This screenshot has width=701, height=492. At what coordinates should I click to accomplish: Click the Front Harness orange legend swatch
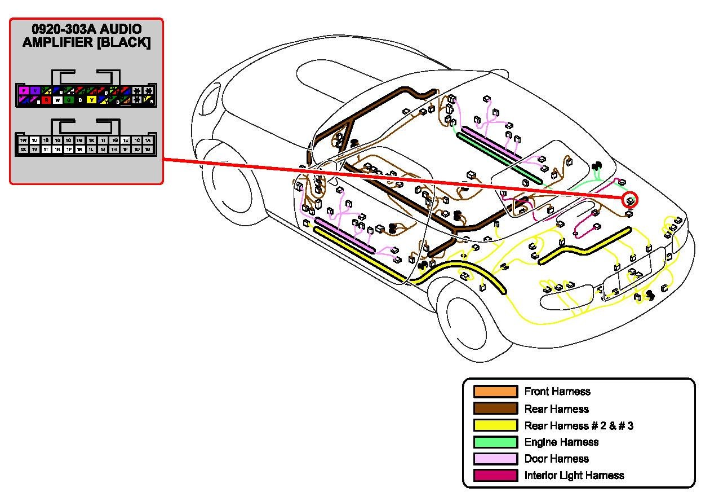click(x=495, y=392)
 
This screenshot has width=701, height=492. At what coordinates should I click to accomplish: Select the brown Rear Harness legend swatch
click(x=495, y=408)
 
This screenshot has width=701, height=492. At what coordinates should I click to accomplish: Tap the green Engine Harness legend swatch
click(x=495, y=442)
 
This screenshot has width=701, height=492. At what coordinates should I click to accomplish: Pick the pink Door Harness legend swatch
click(x=495, y=459)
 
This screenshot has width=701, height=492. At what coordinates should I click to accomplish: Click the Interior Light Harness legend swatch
click(x=495, y=476)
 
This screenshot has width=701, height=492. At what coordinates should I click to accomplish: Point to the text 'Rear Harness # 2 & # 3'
click(x=578, y=425)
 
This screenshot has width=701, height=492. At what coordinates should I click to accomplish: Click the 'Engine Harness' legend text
click(x=561, y=442)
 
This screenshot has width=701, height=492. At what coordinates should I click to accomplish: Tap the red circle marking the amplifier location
click(x=630, y=200)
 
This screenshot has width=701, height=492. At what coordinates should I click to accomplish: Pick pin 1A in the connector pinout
click(x=148, y=140)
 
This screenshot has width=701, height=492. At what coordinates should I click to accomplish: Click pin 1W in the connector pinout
click(x=23, y=140)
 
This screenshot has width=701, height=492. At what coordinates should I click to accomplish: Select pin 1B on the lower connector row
click(x=148, y=150)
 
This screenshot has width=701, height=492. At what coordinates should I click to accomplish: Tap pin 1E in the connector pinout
click(x=125, y=140)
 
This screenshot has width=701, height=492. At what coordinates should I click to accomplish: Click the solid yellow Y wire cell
click(x=91, y=100)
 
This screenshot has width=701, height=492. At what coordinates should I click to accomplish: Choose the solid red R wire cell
click(x=46, y=100)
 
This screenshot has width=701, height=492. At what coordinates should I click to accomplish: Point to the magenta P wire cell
click(x=23, y=90)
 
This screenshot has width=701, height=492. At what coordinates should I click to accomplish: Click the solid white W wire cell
click(x=57, y=100)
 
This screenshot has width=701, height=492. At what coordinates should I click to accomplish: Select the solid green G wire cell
click(x=68, y=100)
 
